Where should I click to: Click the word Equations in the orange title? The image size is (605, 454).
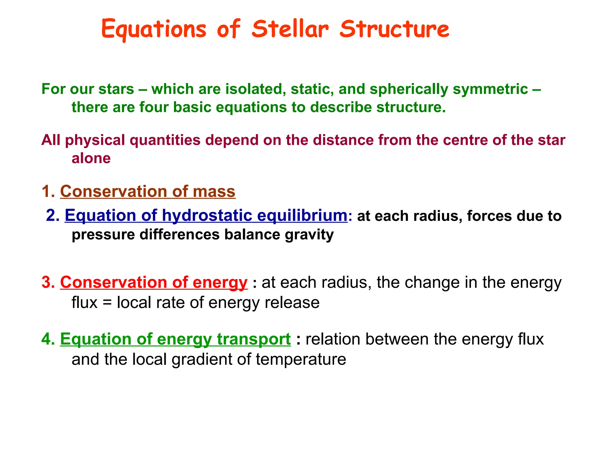(154, 30)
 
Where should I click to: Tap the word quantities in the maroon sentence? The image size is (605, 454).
(165, 140)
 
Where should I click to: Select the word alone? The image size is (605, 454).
(91, 158)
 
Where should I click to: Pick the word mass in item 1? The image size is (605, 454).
(214, 191)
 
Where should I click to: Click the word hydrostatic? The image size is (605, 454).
(207, 215)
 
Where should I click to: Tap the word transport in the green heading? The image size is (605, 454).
(254, 339)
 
